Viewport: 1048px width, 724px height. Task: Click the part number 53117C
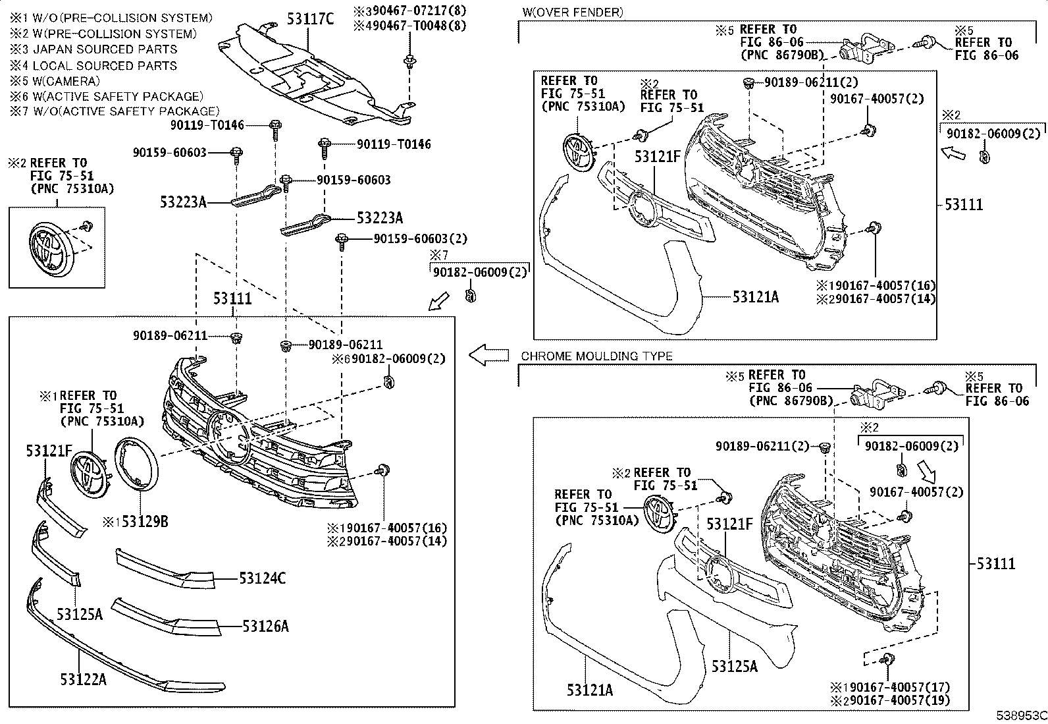point(310,18)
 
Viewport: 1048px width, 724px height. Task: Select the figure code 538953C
point(1020,715)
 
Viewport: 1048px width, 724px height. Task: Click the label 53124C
point(262,578)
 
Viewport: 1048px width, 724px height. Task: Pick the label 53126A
point(265,626)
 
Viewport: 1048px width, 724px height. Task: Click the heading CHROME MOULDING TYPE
point(596,356)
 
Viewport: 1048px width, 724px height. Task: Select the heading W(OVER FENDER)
point(572,13)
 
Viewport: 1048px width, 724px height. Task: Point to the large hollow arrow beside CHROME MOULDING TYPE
point(488,355)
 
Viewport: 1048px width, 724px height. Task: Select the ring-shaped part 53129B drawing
point(136,464)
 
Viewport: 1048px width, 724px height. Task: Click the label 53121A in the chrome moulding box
point(590,690)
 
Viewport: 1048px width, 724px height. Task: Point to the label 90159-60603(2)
point(411,238)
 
